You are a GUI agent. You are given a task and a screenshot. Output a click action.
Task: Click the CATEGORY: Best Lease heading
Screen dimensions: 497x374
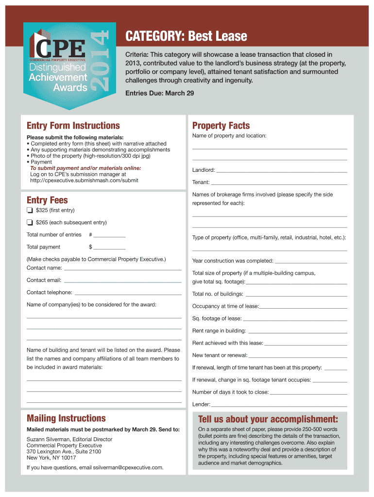[186, 36]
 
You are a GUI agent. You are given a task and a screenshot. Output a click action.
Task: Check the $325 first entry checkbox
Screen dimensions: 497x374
[30, 210]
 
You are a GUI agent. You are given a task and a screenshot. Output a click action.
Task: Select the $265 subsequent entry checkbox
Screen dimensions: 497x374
[30, 222]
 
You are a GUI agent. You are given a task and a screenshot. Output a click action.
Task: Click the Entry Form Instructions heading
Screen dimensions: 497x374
[73, 126]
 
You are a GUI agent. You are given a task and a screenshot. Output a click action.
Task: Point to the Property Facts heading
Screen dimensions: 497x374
[221, 126]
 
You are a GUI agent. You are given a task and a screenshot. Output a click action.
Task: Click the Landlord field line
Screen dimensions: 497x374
[281, 171]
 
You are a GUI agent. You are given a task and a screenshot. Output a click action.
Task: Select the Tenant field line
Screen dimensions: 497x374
[279, 183]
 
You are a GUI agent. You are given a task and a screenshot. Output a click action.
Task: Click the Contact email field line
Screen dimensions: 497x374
[122, 281]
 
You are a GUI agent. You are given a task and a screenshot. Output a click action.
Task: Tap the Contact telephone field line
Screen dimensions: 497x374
[128, 294]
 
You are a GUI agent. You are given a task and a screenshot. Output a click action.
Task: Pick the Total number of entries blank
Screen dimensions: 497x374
[109, 236]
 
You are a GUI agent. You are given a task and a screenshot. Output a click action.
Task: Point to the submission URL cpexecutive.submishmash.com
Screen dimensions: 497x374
[84, 180]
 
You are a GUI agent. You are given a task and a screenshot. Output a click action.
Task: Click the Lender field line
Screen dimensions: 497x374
[279, 405]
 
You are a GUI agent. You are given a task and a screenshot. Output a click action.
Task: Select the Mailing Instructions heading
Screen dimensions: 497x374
[66, 418]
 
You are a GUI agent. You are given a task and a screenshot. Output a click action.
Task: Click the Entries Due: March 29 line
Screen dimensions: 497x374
[159, 93]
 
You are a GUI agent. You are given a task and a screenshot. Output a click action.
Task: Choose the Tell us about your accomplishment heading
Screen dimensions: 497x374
[268, 419]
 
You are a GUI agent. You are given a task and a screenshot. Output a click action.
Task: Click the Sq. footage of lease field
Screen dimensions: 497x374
[294, 320]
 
